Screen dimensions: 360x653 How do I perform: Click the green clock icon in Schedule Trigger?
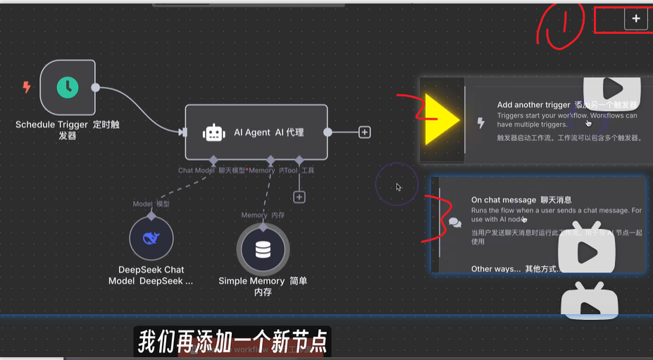coord(68,87)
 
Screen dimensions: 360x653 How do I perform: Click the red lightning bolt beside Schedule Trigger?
coord(27,87)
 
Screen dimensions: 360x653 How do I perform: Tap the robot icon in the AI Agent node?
coord(213,132)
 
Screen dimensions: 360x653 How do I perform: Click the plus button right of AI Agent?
coord(364,132)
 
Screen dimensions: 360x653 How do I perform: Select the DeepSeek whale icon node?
coord(151,238)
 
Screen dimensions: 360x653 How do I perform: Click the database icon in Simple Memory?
coord(263,249)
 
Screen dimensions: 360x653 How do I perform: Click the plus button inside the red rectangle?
coord(635,20)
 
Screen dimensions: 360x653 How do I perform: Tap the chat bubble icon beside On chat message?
coord(455,223)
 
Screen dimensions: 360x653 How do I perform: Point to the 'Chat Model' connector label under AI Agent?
coord(197,170)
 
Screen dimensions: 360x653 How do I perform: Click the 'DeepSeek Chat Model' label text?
coord(151,275)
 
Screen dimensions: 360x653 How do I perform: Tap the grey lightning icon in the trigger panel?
coord(481,123)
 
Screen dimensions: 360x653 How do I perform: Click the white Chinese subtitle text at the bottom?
coord(232,342)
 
